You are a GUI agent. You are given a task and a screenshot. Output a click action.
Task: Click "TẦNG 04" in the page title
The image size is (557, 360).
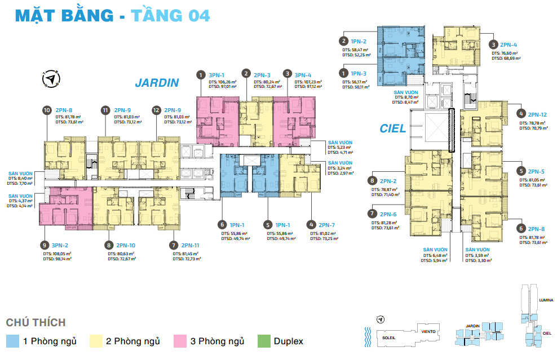[170, 15]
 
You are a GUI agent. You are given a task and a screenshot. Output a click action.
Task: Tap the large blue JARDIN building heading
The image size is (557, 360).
[157, 83]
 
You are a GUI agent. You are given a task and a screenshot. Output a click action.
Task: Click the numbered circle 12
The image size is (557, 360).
[156, 110]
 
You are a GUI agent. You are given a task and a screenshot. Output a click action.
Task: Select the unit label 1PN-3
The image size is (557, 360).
[359, 73]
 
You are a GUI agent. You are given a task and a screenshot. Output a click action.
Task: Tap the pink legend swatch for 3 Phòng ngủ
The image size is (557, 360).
[181, 341]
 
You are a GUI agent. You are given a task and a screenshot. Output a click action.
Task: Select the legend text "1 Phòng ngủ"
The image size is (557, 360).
[49, 341]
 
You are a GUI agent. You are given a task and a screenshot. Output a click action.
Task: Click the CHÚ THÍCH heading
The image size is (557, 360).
[36, 322]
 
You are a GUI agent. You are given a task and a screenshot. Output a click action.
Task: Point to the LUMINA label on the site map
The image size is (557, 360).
[546, 300]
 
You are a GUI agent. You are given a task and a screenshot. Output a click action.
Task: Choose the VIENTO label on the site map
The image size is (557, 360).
[427, 332]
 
